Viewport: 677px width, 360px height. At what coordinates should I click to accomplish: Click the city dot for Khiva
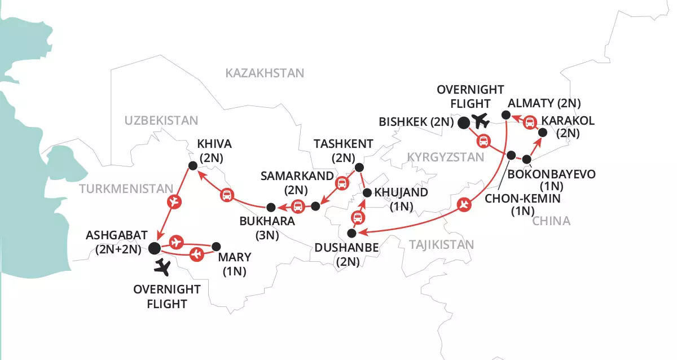pyautogui.click(x=192, y=165)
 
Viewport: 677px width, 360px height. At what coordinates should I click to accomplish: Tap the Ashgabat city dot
pyautogui.click(x=155, y=247)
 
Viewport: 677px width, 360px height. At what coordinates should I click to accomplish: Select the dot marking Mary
pyautogui.click(x=216, y=247)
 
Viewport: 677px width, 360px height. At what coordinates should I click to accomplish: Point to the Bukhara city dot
pyautogui.click(x=271, y=207)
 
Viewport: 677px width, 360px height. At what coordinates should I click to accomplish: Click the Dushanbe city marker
pyautogui.click(x=351, y=232)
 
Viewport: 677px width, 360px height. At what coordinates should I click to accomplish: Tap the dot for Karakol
pyautogui.click(x=542, y=133)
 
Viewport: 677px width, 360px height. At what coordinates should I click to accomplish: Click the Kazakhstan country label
pyautogui.click(x=264, y=73)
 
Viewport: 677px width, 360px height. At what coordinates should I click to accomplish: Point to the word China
pyautogui.click(x=551, y=221)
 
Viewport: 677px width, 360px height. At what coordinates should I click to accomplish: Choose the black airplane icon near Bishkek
pyautogui.click(x=481, y=120)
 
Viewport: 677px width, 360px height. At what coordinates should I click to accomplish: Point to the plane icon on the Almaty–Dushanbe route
pyautogui.click(x=464, y=205)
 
